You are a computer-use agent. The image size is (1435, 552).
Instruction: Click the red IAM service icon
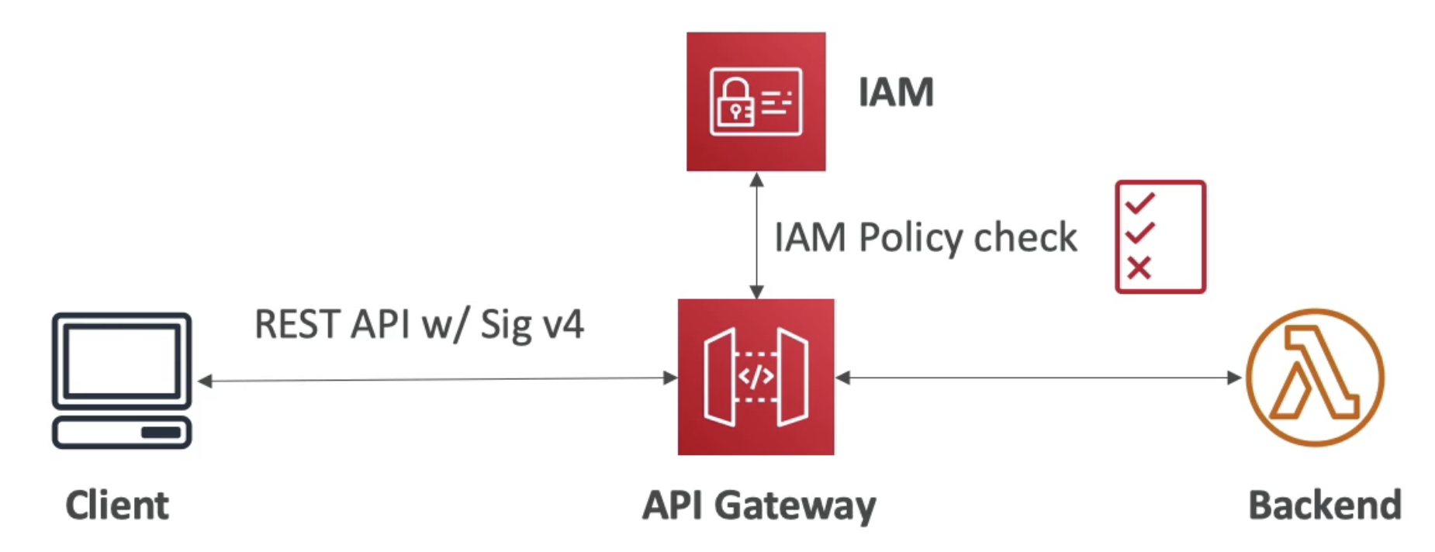tap(756, 102)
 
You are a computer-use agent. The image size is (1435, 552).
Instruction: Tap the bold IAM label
tap(896, 92)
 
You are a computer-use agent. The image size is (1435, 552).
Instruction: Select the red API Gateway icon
tap(756, 377)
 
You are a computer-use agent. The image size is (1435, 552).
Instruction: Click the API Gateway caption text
tap(759, 506)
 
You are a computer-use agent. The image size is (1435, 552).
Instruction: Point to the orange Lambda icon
tap(1315, 378)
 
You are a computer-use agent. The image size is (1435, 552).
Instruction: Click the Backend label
tap(1325, 505)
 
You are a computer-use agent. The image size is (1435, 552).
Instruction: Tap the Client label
tap(117, 505)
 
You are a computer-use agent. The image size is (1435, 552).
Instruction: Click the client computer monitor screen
tap(122, 361)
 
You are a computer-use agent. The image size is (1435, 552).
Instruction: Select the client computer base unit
tap(122, 433)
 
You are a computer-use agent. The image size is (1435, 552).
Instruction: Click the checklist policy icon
tap(1160, 237)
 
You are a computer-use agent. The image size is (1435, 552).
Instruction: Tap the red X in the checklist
tap(1139, 268)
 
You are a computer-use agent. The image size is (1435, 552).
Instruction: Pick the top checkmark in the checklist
tap(1140, 203)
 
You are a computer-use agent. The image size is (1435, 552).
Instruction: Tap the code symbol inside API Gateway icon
tap(756, 378)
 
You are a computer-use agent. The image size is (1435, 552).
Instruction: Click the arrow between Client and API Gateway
tap(437, 379)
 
